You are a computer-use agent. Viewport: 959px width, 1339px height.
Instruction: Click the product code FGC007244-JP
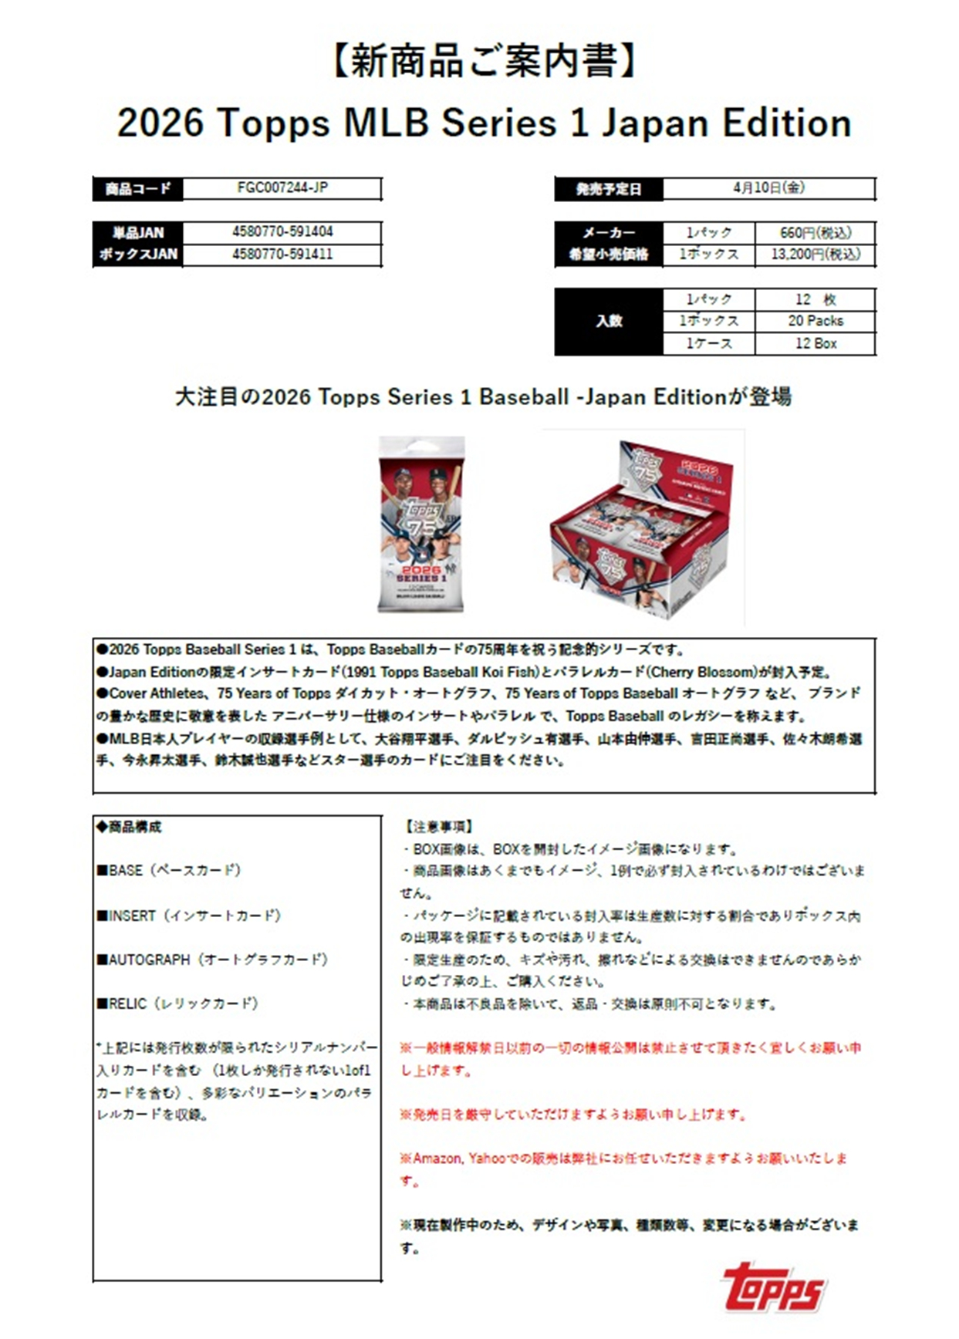point(282,187)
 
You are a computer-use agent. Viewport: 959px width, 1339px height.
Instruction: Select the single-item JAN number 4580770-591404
point(282,231)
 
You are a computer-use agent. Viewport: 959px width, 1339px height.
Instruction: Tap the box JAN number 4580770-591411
point(282,254)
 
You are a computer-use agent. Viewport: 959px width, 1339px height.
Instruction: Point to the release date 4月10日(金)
point(768,187)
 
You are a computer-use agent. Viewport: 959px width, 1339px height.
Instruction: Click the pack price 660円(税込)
point(815,232)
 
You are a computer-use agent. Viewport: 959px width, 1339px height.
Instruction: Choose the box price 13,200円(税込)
point(815,254)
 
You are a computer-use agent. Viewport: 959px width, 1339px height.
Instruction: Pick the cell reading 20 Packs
point(815,320)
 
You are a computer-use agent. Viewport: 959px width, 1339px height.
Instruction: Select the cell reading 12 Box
point(815,343)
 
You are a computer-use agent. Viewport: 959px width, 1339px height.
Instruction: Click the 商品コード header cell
point(138,188)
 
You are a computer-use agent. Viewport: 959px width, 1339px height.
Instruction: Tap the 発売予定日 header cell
point(609,188)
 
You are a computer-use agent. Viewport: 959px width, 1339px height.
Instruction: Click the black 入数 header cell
point(609,321)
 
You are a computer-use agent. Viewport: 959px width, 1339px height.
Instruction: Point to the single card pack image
point(421,524)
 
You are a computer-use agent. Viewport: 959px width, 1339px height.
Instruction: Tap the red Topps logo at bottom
point(773,1287)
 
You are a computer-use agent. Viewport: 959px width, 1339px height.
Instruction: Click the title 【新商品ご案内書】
point(484,62)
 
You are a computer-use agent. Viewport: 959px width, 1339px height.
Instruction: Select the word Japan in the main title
point(654,123)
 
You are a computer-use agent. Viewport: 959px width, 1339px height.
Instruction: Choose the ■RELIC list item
point(177,1003)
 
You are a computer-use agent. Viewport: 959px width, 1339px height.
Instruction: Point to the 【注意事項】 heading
point(438,827)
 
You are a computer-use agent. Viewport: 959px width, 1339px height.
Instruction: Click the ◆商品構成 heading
point(129,827)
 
